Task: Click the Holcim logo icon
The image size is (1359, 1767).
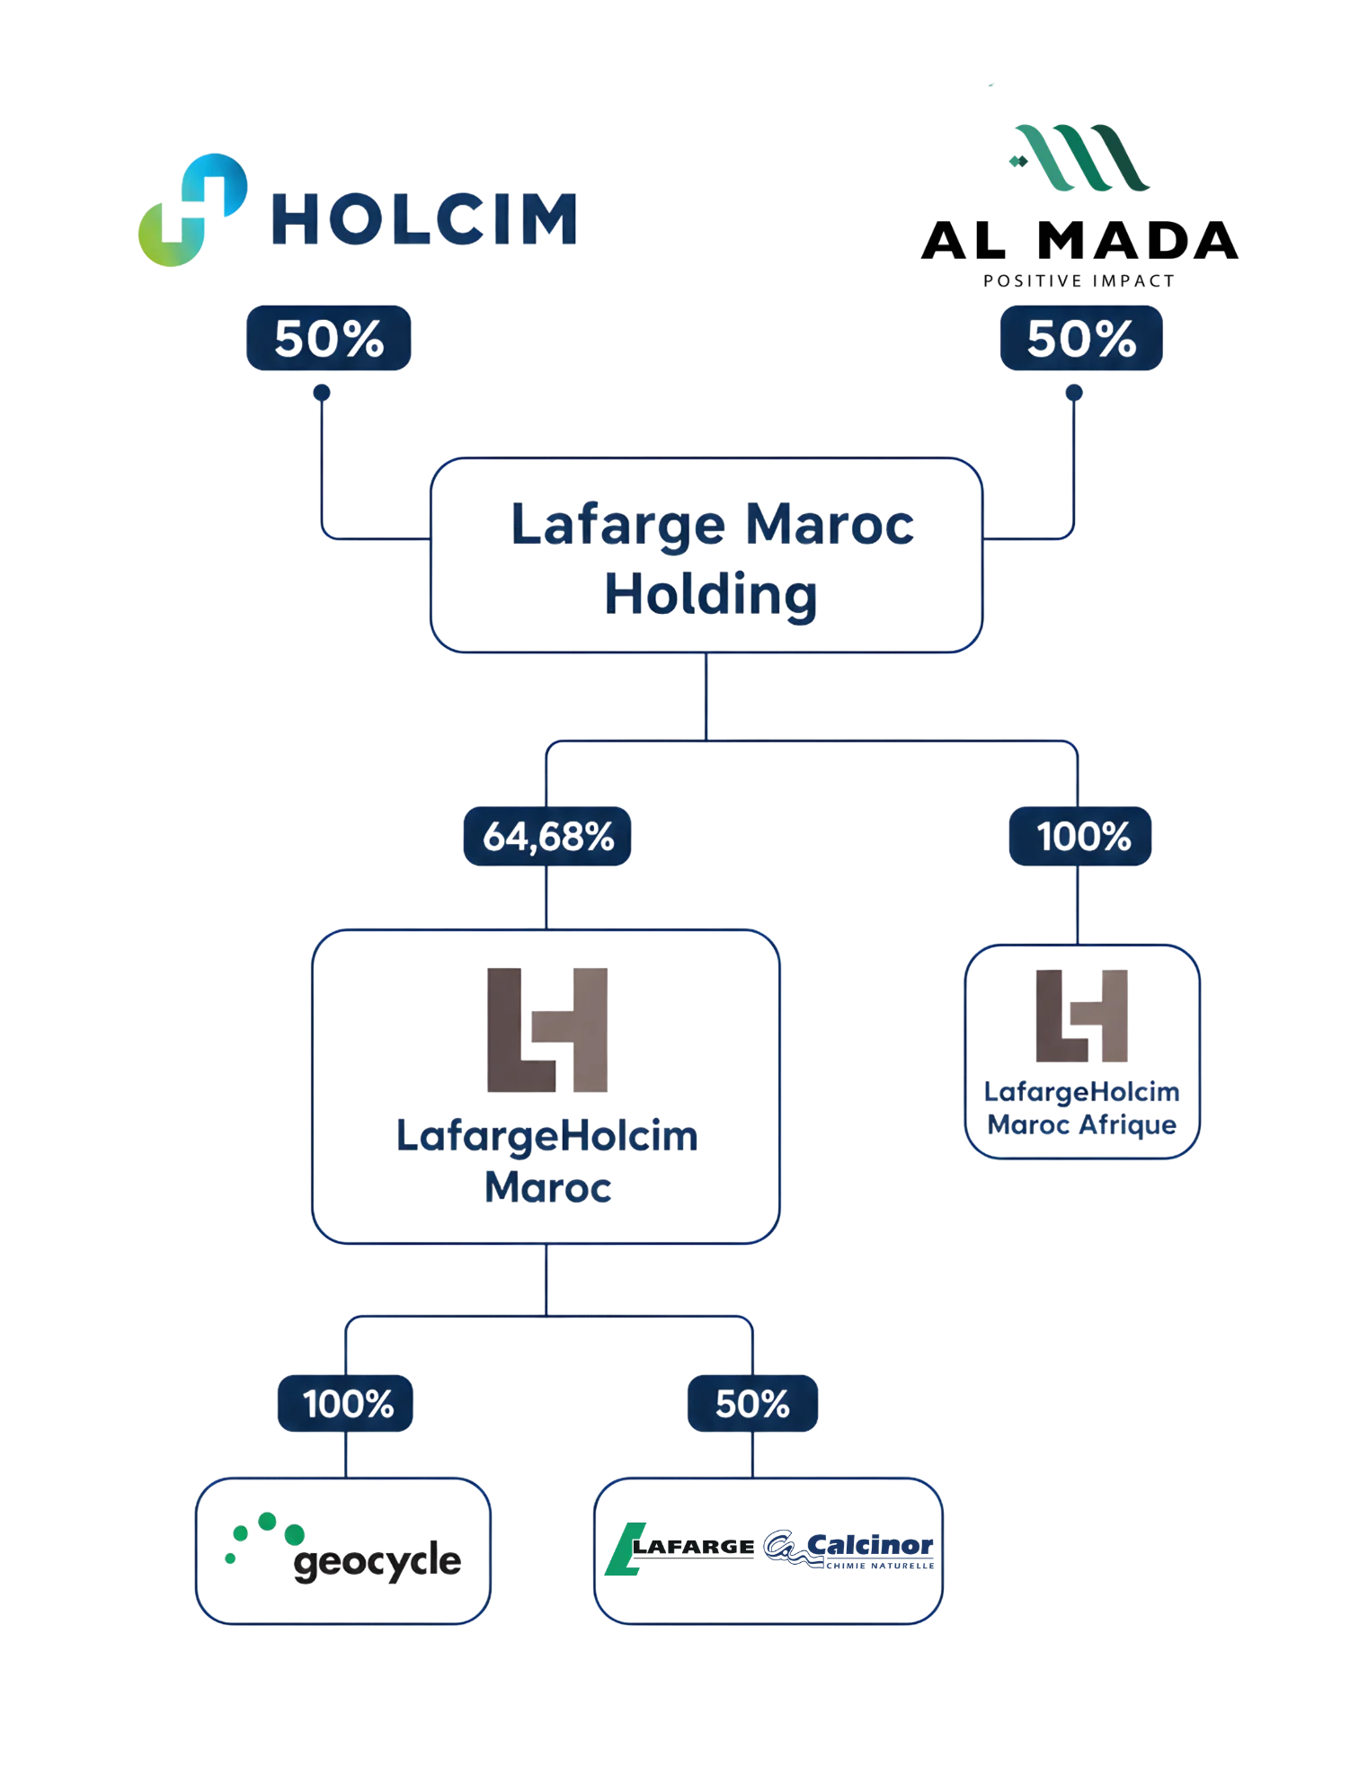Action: click(192, 209)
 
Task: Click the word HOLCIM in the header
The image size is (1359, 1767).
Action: click(424, 219)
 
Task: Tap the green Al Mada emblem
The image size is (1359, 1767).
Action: click(1079, 157)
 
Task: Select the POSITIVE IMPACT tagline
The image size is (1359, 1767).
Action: click(1079, 281)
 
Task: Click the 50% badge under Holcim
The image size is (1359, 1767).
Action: click(329, 338)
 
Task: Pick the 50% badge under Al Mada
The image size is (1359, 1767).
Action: click(1081, 338)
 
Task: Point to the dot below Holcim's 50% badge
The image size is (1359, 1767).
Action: click(322, 393)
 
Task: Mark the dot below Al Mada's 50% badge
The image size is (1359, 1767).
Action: click(1074, 393)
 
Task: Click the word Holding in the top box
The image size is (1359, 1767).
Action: click(711, 596)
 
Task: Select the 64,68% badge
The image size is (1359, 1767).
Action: click(547, 837)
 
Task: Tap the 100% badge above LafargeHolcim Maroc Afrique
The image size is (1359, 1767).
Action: click(1080, 837)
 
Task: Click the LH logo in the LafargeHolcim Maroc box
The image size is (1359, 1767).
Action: click(547, 1030)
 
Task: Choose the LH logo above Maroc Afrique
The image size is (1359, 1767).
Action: click(1082, 1016)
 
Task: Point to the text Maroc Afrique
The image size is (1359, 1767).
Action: click(1082, 1125)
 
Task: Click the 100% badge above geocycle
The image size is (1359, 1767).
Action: click(345, 1403)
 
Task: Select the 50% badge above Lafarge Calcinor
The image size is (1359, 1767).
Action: click(753, 1403)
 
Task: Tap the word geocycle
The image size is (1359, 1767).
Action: click(377, 1562)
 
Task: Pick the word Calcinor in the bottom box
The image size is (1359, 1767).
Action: click(870, 1545)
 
